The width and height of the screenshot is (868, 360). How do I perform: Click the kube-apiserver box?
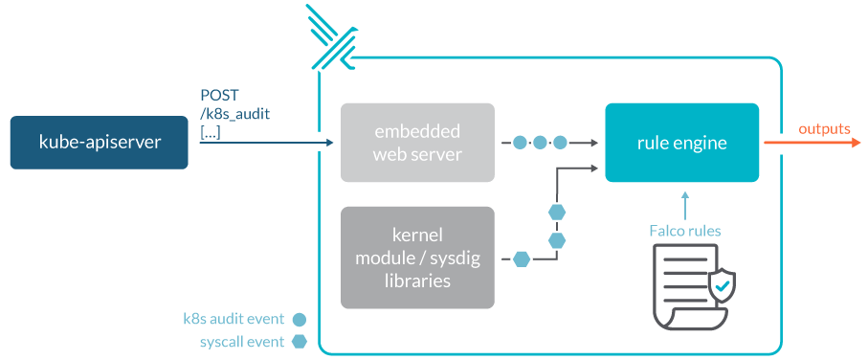coord(100,143)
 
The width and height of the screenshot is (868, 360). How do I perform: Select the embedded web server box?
coord(417,143)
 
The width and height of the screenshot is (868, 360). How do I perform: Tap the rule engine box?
coord(681,143)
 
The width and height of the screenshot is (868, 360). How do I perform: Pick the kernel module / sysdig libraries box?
coord(417,258)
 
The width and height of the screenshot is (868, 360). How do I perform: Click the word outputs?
coord(824,129)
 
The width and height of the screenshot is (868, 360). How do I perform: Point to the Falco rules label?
coord(685,231)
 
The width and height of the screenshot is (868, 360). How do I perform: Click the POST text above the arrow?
coord(219,95)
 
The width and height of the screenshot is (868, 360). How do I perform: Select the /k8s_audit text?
coord(234,114)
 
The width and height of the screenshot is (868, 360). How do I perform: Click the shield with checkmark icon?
coord(721,287)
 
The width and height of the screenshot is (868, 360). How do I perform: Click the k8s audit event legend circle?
coord(300,320)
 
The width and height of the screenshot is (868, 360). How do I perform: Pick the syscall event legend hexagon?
coord(300,342)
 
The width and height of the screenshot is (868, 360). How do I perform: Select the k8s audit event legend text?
coord(234,319)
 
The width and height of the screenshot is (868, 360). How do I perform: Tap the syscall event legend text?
coord(242,342)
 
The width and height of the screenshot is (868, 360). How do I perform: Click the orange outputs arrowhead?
coord(855,143)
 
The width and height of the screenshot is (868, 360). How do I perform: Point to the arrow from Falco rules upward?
coord(685,206)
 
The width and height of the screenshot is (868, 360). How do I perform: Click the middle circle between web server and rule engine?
coord(541,143)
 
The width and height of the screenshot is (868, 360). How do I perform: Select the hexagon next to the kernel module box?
coord(522,259)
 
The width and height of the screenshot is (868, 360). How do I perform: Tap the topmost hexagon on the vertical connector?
coord(556,213)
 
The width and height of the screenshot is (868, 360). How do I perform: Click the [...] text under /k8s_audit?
coord(211,133)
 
